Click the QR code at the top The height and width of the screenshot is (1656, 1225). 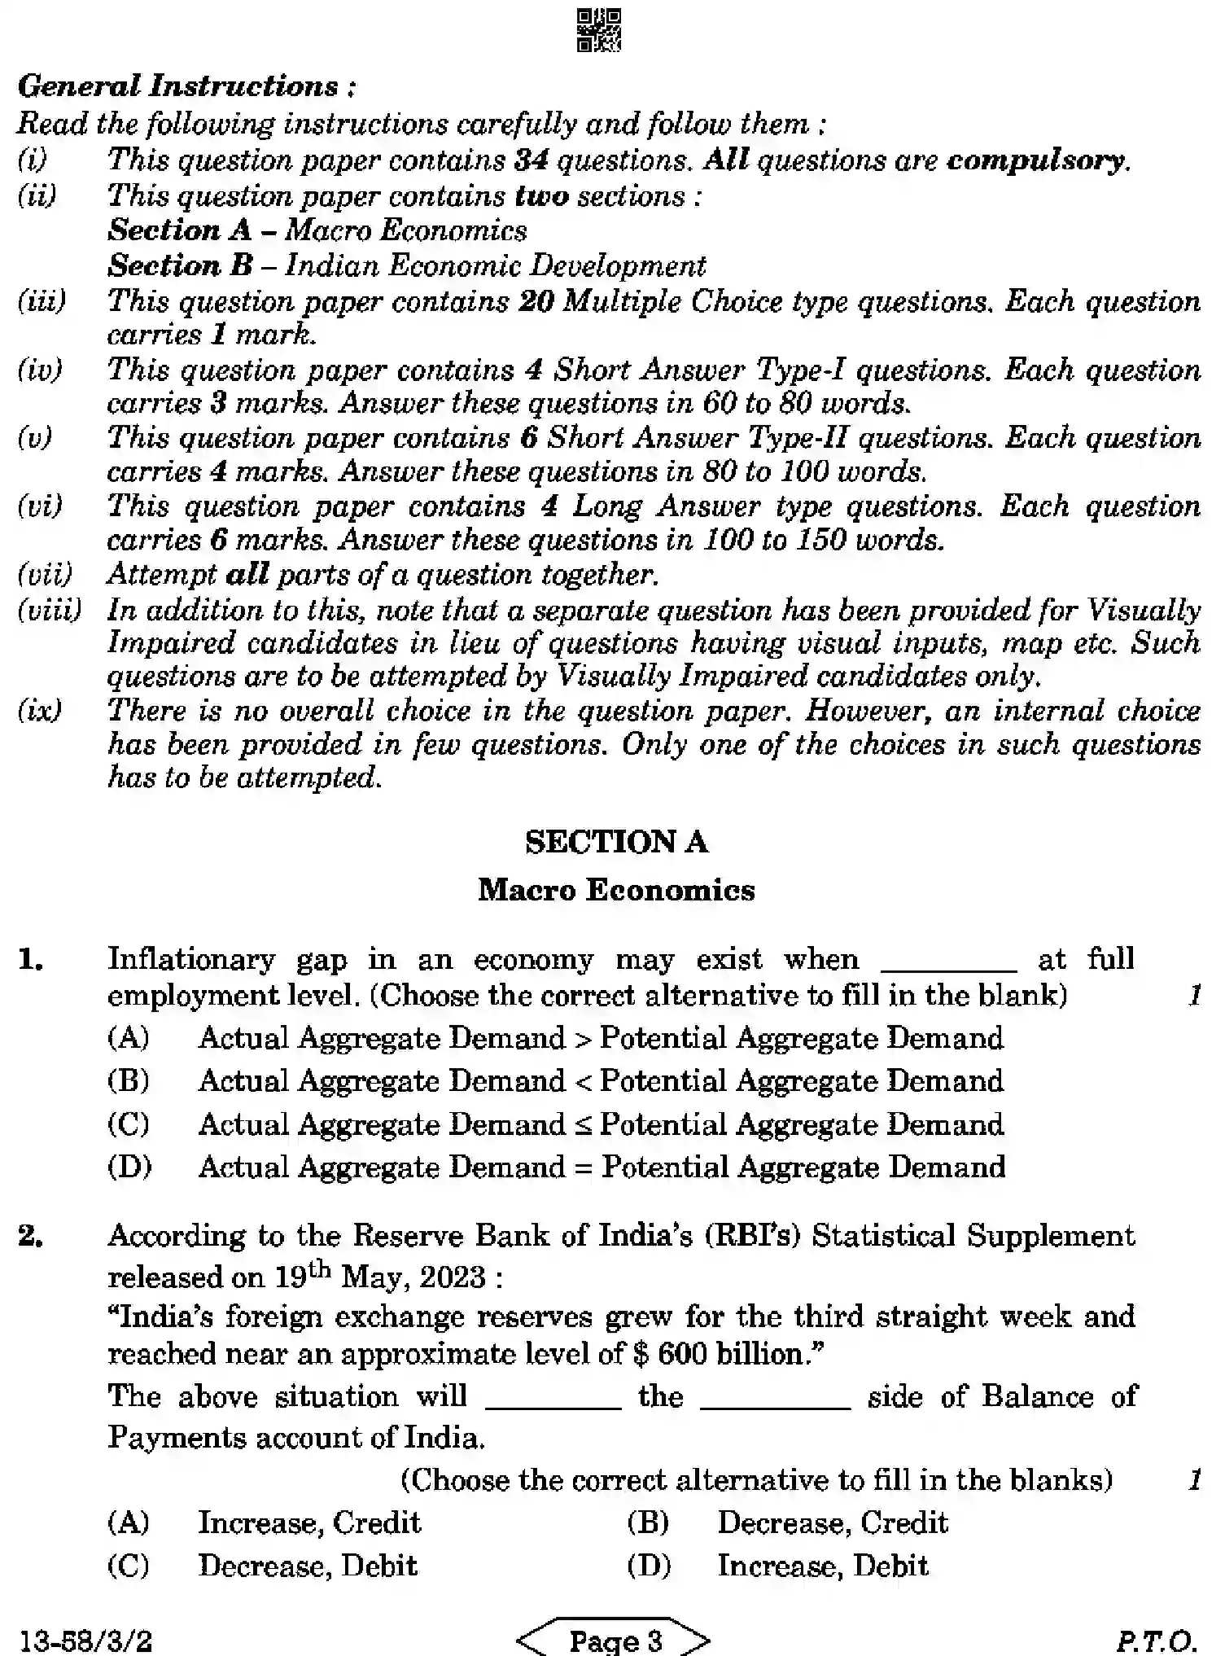tap(599, 30)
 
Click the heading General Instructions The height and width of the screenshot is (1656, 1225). tap(186, 86)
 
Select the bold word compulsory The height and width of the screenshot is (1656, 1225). tap(1037, 160)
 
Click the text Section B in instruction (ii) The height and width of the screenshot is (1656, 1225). tap(180, 265)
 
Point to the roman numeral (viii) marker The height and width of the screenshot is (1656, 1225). tap(49, 610)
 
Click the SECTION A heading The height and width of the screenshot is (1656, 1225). tap(616, 842)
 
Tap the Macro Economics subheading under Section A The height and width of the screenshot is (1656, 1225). tap(616, 890)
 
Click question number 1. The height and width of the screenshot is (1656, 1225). tap(31, 960)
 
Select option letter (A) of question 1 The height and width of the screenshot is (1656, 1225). tap(129, 1038)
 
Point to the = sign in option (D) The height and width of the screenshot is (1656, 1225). tap(583, 1168)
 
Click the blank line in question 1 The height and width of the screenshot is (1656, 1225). tap(949, 968)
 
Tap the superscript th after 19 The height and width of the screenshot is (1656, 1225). tap(320, 1268)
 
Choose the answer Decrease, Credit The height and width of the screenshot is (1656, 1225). tap(832, 1522)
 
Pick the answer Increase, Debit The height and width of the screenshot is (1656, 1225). tap(822, 1566)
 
